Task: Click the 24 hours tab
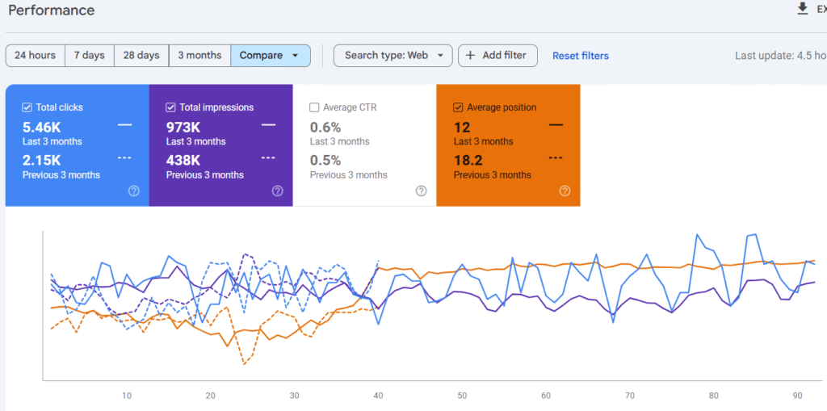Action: tap(36, 56)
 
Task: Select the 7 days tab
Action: tap(89, 56)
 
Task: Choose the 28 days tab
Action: tap(141, 56)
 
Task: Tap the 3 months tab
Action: tap(199, 56)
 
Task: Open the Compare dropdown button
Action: tap(270, 56)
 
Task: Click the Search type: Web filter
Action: tap(393, 56)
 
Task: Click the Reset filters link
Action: tap(580, 56)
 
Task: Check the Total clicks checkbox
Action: tap(27, 107)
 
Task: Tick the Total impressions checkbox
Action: tap(170, 107)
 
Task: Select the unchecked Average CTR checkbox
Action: tap(314, 107)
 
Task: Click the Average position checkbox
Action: tap(458, 107)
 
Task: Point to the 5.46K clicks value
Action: tap(43, 127)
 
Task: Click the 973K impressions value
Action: tap(184, 127)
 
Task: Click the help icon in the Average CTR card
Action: tap(421, 191)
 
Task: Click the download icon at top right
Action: tap(802, 9)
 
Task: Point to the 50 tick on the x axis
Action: tap(462, 396)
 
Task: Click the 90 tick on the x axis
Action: tap(796, 396)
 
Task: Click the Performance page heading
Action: tap(52, 10)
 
